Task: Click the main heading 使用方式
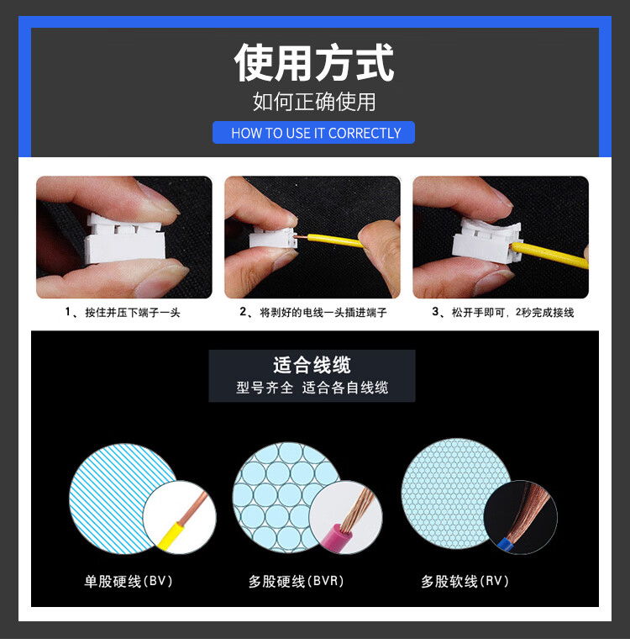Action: click(314, 62)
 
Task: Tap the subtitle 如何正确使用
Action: click(314, 102)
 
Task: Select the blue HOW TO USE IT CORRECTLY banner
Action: click(313, 132)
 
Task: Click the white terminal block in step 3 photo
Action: click(486, 241)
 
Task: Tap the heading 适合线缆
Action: click(312, 365)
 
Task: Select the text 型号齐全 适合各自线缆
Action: click(312, 388)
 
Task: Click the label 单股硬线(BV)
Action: click(129, 581)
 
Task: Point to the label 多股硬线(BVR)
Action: click(296, 581)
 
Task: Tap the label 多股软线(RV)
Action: click(465, 581)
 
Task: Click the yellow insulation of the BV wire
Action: click(169, 536)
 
